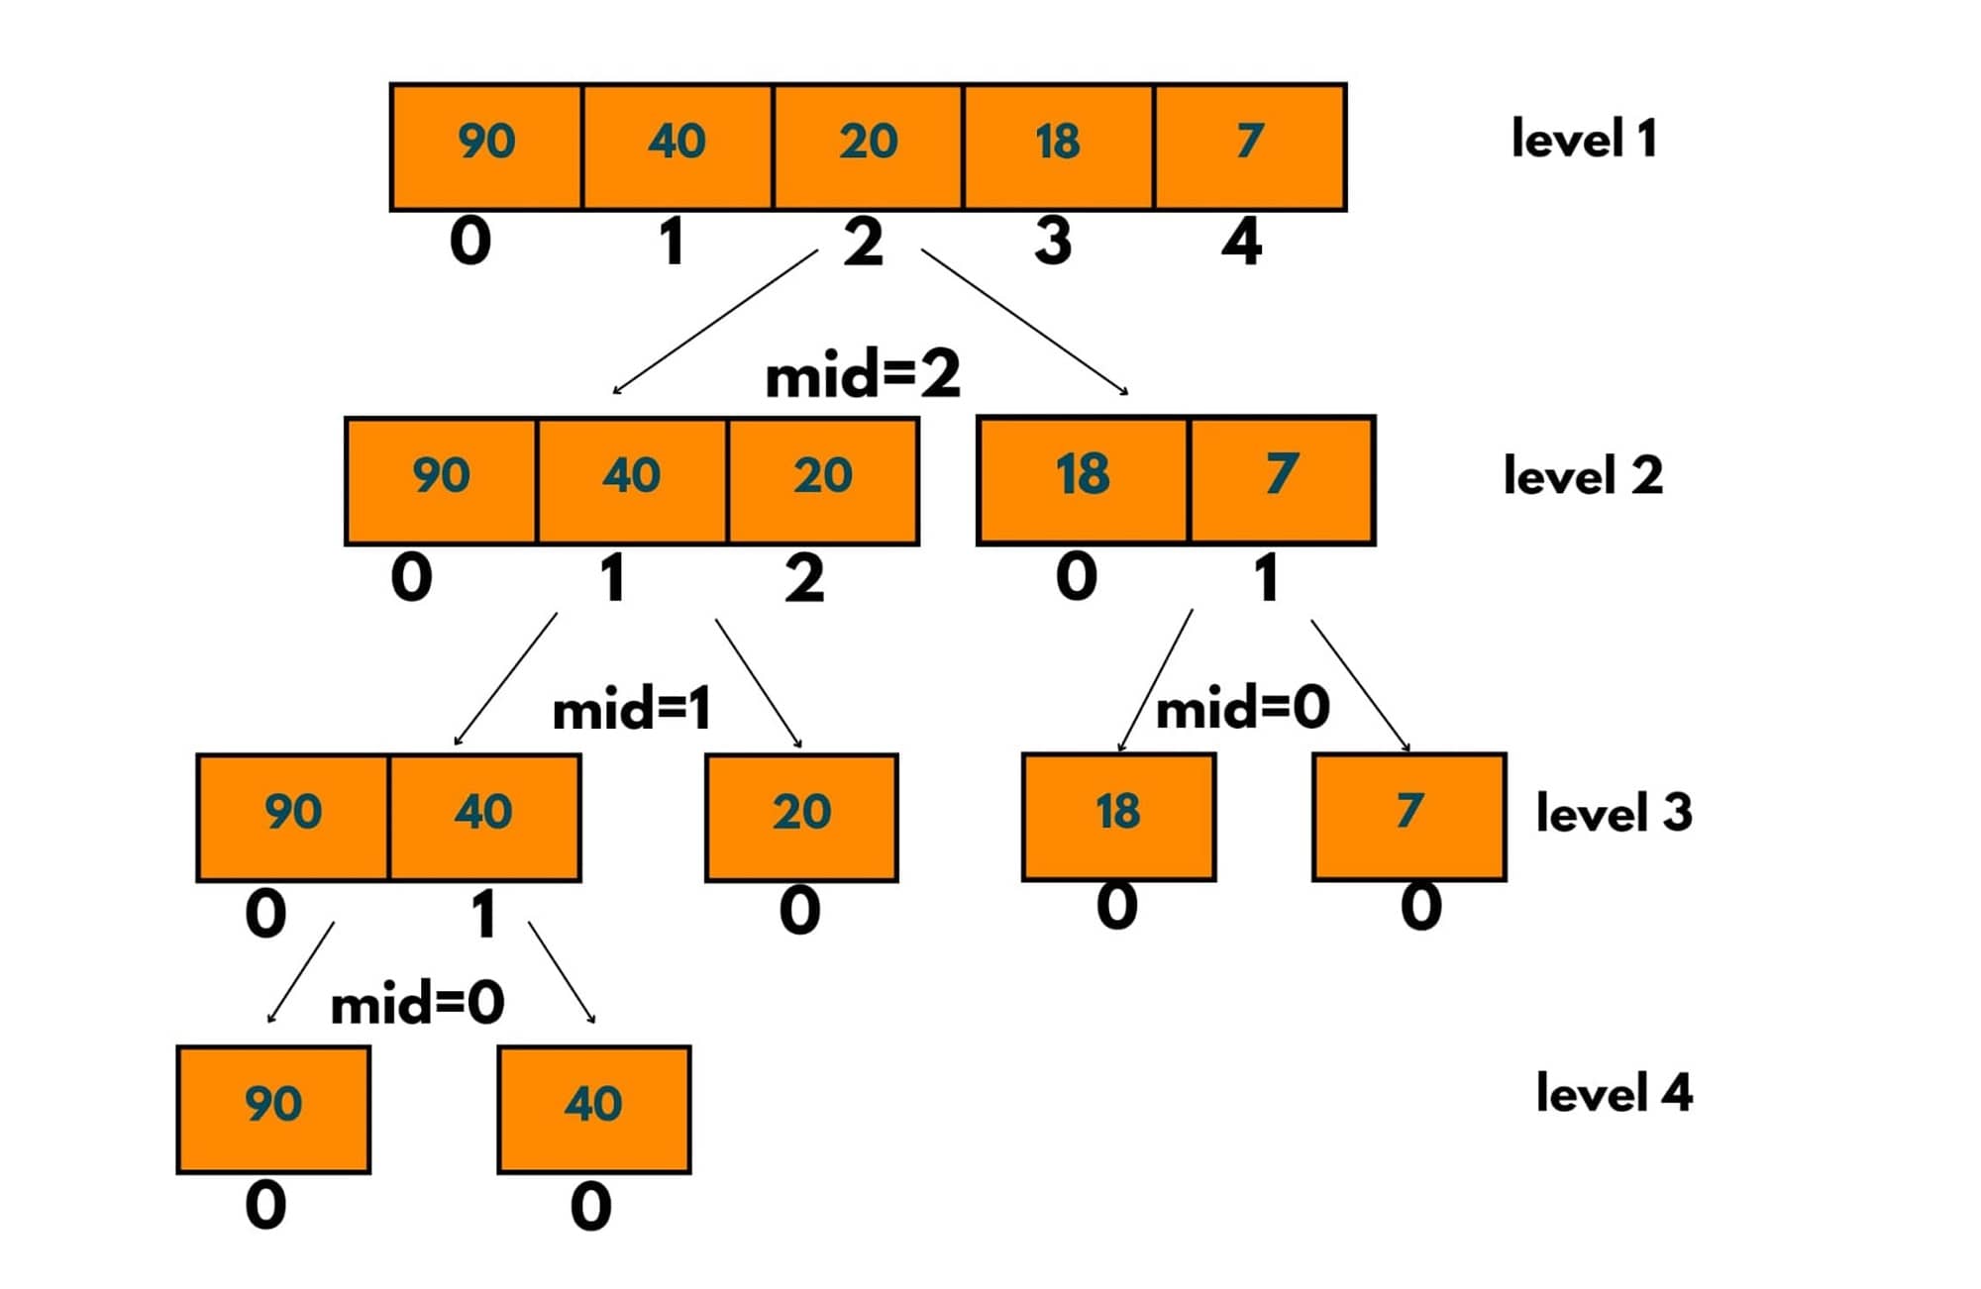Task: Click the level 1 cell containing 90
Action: [x=486, y=146]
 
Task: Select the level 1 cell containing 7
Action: [x=1249, y=146]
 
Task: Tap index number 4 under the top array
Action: [x=1241, y=243]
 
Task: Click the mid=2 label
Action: [x=863, y=376]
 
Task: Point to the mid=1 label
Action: [x=632, y=710]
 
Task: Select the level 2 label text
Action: [x=1582, y=476]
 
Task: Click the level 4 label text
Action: [x=1614, y=1094]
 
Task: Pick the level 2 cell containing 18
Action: [x=1082, y=479]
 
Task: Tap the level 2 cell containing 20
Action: [x=822, y=479]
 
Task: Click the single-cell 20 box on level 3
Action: [x=801, y=816]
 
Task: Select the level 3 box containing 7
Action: [x=1408, y=816]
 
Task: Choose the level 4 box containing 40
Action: [x=593, y=1108]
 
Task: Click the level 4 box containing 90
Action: [x=273, y=1108]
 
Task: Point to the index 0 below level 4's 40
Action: [x=591, y=1207]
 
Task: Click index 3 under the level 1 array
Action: [x=1053, y=243]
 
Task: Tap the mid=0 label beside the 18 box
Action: [x=1242, y=708]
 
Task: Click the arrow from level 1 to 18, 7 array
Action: [x=1024, y=322]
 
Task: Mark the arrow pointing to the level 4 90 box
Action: [x=301, y=972]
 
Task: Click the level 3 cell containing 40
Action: [x=484, y=816]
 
